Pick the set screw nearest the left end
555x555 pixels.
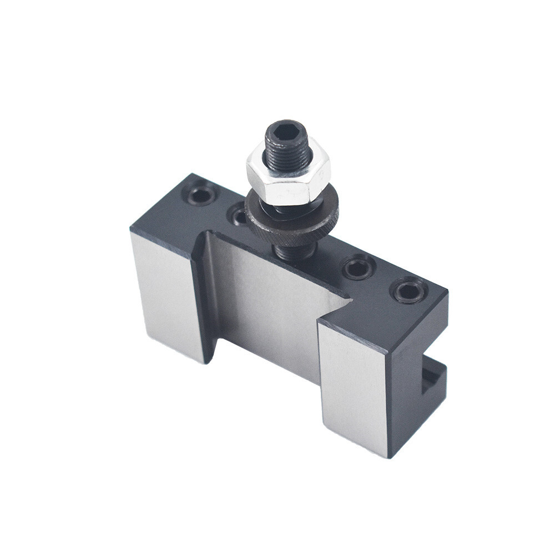point(200,195)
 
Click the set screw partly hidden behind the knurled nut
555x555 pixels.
point(239,214)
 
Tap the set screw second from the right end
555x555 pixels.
point(358,268)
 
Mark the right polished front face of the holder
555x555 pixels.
point(352,389)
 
